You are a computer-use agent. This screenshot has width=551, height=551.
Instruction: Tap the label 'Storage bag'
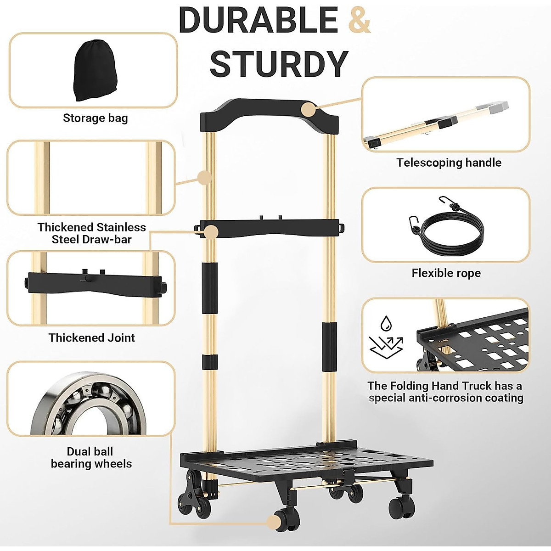tap(95, 118)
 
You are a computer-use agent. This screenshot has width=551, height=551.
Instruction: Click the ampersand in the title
tap(360, 20)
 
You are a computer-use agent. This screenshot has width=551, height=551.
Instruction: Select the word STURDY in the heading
tap(279, 64)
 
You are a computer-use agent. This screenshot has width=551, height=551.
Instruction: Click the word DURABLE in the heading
tap(258, 20)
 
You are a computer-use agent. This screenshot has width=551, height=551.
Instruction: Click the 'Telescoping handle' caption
tap(449, 163)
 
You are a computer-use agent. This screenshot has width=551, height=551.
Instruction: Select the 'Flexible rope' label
tap(446, 273)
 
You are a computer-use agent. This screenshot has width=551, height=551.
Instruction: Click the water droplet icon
tap(386, 324)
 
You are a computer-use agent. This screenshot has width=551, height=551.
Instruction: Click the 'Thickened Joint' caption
tap(91, 338)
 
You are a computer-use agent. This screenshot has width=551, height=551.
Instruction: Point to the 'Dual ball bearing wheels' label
tap(91, 457)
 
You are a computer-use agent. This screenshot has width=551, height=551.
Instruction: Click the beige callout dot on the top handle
tap(308, 109)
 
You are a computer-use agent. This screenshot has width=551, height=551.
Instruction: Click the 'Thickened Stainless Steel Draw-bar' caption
tap(91, 233)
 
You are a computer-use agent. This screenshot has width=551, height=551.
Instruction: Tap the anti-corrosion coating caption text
tap(445, 392)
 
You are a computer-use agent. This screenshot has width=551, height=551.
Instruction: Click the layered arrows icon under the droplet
tap(386, 347)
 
